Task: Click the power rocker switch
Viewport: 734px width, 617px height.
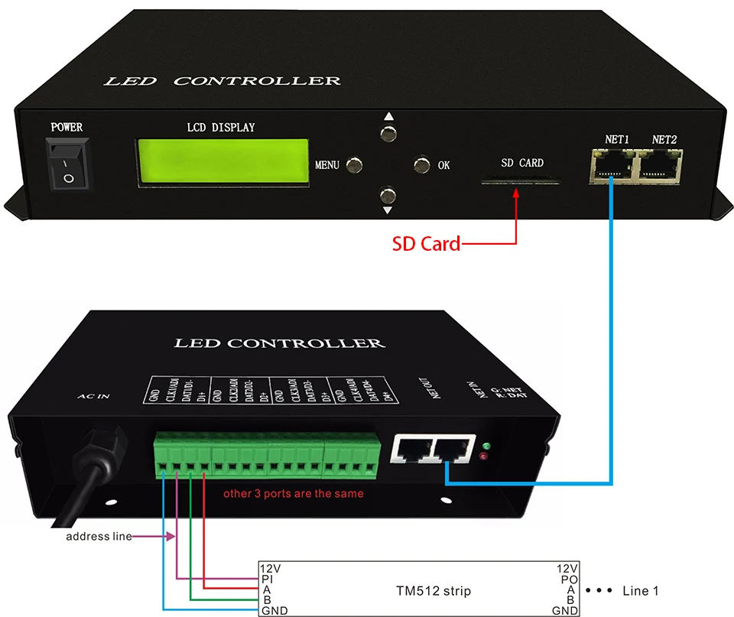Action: (68, 164)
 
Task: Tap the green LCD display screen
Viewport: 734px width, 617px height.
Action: (222, 161)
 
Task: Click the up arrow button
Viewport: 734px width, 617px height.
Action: (388, 132)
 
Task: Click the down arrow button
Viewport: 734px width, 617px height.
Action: (388, 195)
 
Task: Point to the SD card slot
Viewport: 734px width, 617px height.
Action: (520, 182)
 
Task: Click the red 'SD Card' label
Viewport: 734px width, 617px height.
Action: (426, 244)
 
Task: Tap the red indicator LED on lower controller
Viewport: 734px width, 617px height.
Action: (483, 457)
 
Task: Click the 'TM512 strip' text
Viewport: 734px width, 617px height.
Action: (434, 590)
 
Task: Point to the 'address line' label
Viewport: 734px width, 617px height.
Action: (99, 537)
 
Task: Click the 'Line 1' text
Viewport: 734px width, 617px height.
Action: (640, 590)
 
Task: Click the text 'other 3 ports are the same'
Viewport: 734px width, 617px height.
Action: (293, 493)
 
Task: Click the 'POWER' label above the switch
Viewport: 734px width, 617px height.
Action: (67, 127)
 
